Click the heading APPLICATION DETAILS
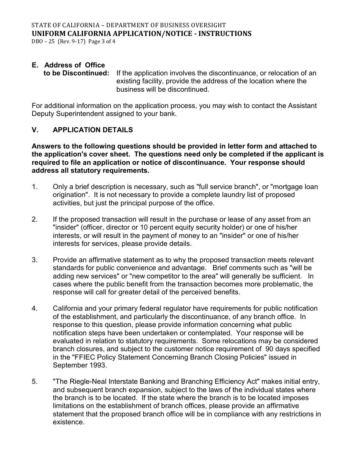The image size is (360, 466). coord(93,130)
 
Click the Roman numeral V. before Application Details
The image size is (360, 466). coord(35,130)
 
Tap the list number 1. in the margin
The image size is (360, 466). coord(34,187)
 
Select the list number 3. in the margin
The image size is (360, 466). coord(34,260)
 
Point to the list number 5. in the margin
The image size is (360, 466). coord(34,382)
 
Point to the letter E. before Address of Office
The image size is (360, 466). coord(35,65)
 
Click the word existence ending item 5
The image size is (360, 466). coord(68,422)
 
